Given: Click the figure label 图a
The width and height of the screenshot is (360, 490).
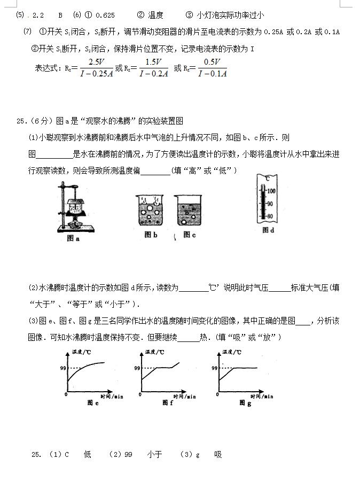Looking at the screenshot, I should click(x=73, y=239).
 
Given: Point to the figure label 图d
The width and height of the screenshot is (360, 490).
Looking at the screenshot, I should click(x=268, y=230).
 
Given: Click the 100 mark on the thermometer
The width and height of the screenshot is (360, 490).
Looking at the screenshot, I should click(x=271, y=191).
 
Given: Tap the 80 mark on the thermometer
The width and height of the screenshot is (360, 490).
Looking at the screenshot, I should click(x=270, y=216).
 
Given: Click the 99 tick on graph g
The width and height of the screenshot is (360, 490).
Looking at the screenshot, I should click(x=214, y=368).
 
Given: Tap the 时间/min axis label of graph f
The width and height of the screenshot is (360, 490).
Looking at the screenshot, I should click(x=185, y=396).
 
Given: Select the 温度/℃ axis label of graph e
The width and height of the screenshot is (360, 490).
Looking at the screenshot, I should click(x=81, y=352).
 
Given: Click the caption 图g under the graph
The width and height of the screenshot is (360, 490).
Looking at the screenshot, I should click(x=245, y=402).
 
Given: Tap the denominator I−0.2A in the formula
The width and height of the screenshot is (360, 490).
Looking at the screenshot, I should click(x=153, y=74).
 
